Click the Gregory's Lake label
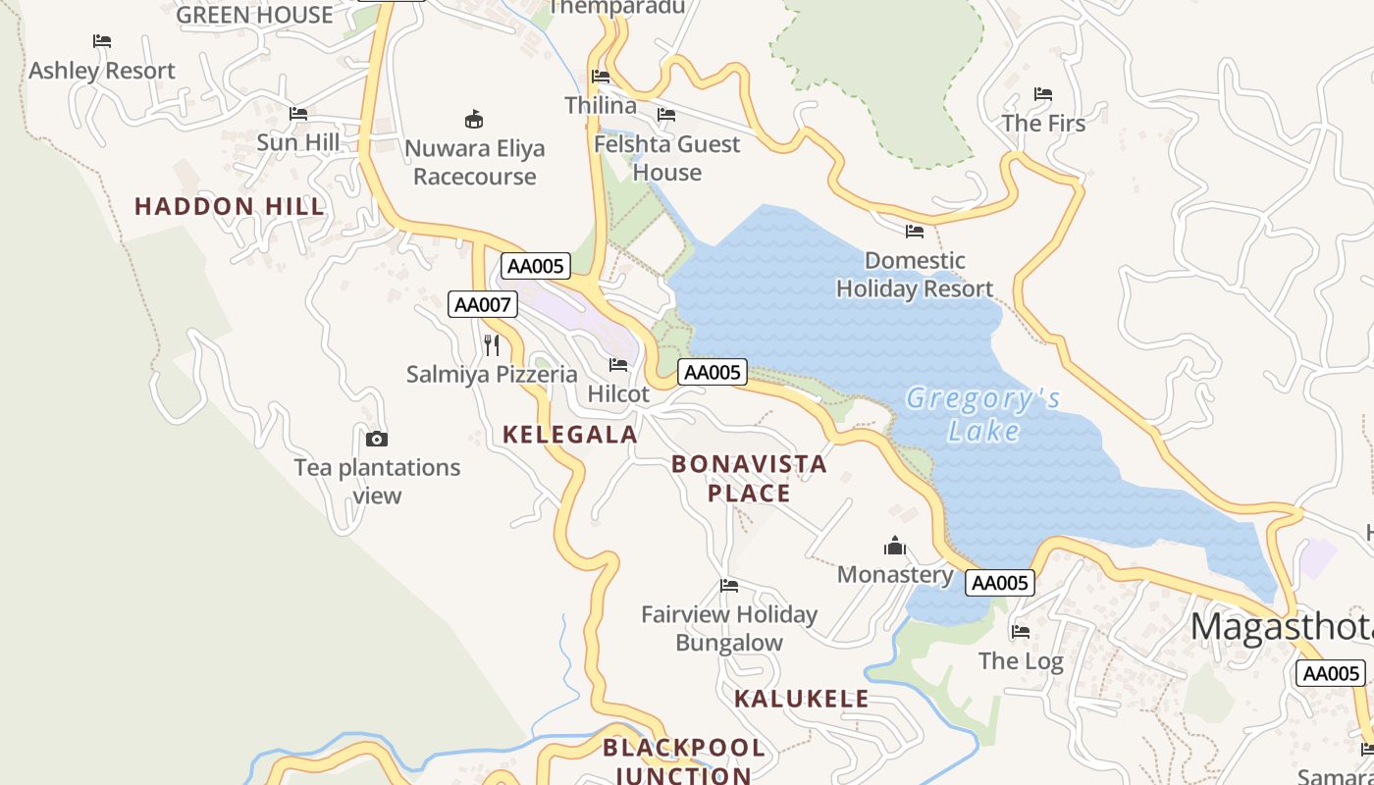point(983,414)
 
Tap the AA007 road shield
point(482,304)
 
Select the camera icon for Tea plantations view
point(377,439)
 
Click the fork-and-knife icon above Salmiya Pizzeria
point(492,344)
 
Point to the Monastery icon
point(894,546)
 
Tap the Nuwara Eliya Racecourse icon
point(474,120)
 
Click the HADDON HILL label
point(230,206)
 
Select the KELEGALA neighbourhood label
point(570,434)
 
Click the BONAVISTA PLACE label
point(750,478)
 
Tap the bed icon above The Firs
point(1043,94)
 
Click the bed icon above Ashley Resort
point(102,41)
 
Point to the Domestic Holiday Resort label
point(915,275)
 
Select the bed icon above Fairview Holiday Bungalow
point(728,586)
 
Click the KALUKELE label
point(802,699)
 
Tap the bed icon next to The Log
point(1021,632)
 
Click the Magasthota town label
point(1281,626)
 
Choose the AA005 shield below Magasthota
point(1331,673)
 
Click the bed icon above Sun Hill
point(298,114)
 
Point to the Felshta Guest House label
point(667,158)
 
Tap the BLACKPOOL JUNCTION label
point(684,761)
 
